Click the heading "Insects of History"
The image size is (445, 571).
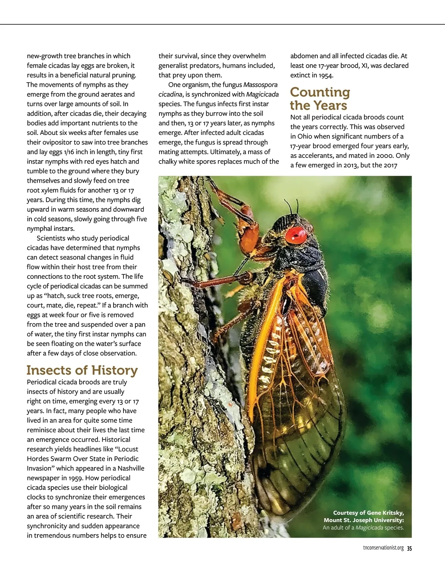tap(82, 370)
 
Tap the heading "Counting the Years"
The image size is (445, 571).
tap(320, 99)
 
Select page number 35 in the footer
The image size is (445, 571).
tap(409, 548)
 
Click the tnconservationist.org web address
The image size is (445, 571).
tap(383, 548)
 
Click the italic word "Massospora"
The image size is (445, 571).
tap(260, 85)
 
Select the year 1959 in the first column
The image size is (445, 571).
tap(76, 478)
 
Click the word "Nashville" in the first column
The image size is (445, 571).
tap(131, 468)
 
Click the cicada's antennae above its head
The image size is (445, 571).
tap(291, 205)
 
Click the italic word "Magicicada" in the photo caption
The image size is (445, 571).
tap(369, 528)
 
